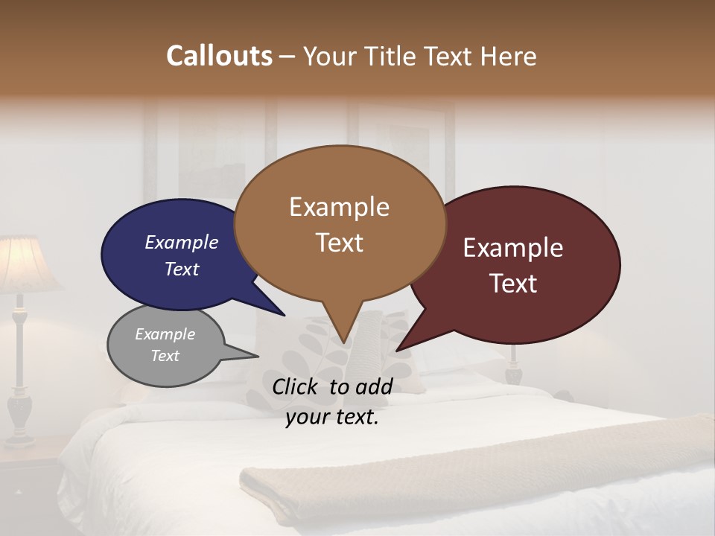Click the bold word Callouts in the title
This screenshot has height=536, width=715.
point(219,56)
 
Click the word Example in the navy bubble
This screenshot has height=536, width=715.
point(181,242)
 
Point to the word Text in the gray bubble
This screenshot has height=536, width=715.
point(165,356)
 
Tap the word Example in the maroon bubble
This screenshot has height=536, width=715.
point(513,248)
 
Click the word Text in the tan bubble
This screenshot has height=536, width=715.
point(339,243)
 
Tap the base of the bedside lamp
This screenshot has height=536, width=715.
point(20,417)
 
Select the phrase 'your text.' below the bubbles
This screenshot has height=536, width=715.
point(332,417)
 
